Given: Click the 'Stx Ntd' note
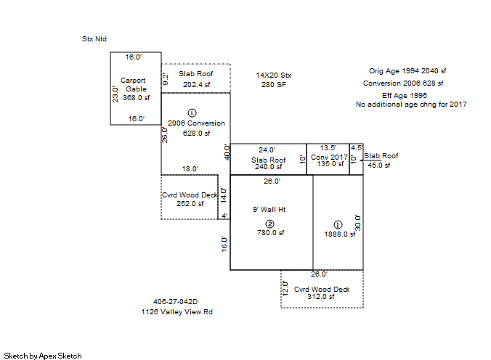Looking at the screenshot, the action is pyautogui.click(x=94, y=39).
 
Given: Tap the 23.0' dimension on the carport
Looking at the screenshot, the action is pyautogui.click(x=115, y=94).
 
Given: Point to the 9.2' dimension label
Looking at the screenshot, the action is pyautogui.click(x=166, y=80).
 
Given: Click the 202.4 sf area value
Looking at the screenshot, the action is pyautogui.click(x=196, y=84).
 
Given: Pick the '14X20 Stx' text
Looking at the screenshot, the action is pyautogui.click(x=273, y=75).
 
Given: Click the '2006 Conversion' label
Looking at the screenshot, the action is pyautogui.click(x=196, y=123).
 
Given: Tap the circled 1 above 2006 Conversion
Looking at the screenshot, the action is pyautogui.click(x=192, y=112).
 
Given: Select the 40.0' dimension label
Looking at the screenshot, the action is pyautogui.click(x=227, y=152).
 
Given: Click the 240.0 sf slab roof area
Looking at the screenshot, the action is pyautogui.click(x=268, y=167).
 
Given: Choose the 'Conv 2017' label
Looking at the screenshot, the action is pyautogui.click(x=329, y=157).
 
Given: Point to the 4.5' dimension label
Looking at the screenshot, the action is pyautogui.click(x=357, y=148).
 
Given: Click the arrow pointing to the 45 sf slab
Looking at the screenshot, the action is pyautogui.click(x=370, y=160).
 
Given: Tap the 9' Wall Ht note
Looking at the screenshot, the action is pyautogui.click(x=269, y=210).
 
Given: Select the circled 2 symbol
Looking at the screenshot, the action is pyautogui.click(x=269, y=224).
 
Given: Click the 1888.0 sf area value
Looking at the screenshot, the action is pyautogui.click(x=340, y=234).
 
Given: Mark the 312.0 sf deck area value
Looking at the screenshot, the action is pyautogui.click(x=320, y=296).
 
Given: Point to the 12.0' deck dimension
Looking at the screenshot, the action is pyautogui.click(x=285, y=288).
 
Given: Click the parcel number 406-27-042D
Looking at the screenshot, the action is pyautogui.click(x=175, y=302).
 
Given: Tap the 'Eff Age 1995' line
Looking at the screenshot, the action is pyautogui.click(x=405, y=96).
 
